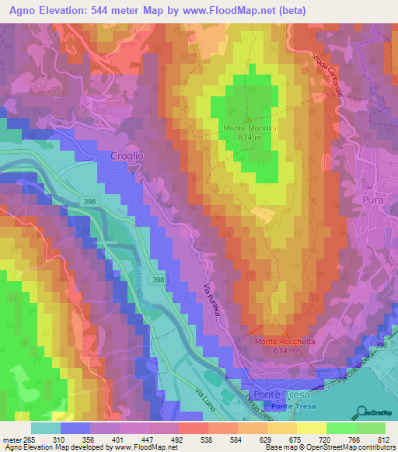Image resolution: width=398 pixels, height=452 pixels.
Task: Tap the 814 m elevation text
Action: tap(251, 137)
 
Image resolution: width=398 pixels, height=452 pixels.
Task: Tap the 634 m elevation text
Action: tap(285, 351)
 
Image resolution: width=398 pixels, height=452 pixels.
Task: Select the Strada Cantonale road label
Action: tap(326, 74)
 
